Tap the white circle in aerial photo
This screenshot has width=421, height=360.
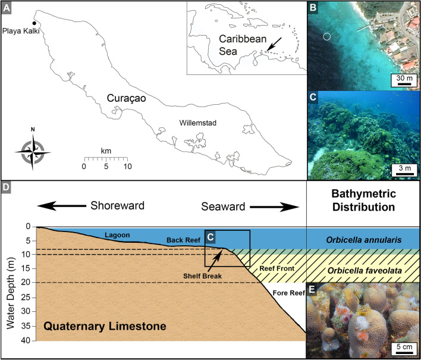coord(326,37)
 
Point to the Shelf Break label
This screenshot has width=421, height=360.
coord(200,276)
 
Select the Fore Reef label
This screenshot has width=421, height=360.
coord(287,292)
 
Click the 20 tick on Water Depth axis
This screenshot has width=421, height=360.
coord(26,283)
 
